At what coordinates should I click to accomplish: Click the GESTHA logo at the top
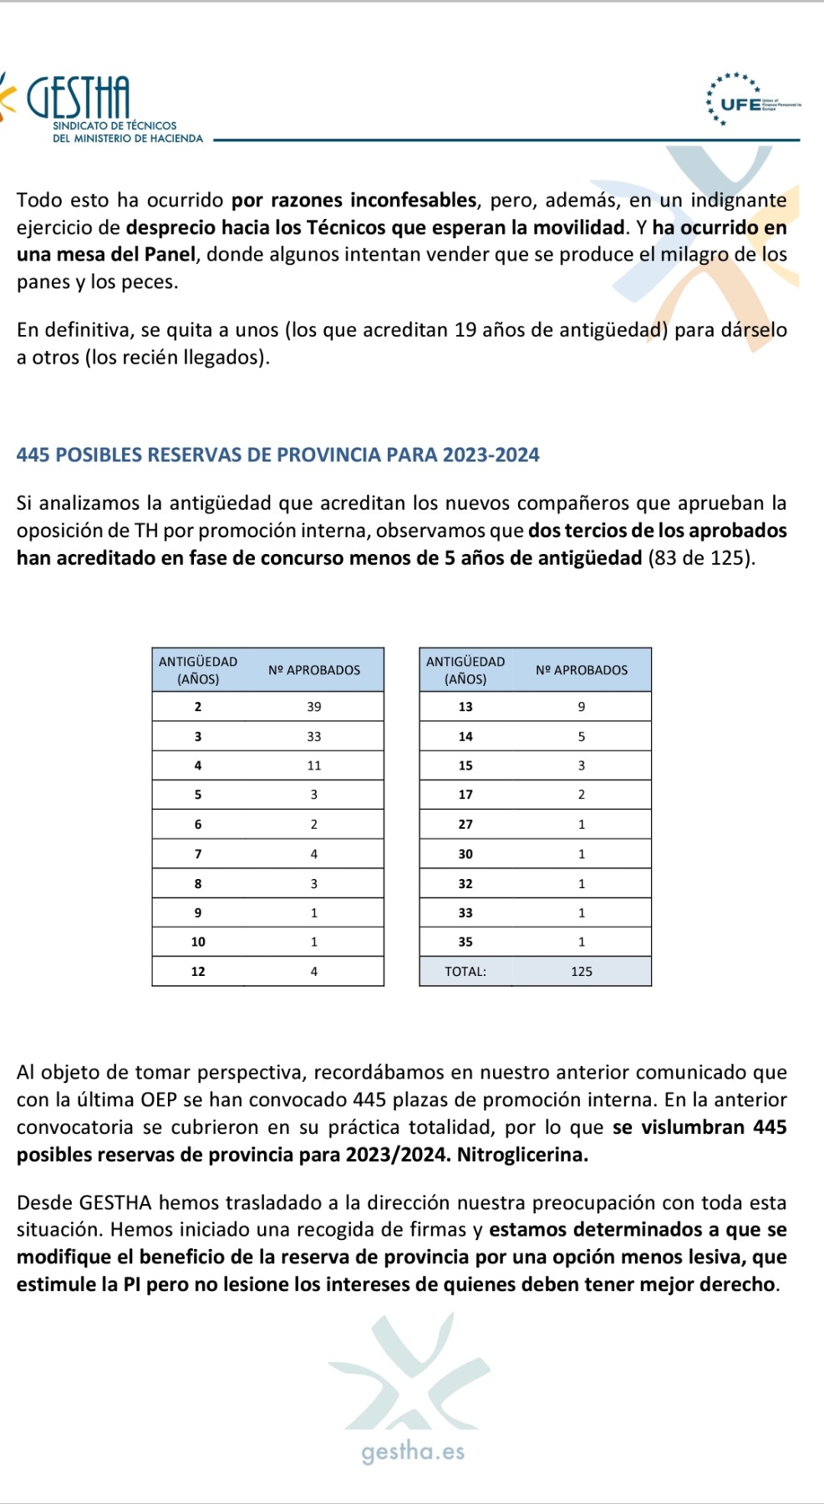tap(79, 98)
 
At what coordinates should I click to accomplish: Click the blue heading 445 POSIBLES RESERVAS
tap(277, 455)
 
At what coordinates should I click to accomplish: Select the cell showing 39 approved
tap(313, 707)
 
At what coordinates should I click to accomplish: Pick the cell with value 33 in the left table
tap(313, 737)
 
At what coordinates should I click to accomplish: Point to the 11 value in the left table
tap(313, 765)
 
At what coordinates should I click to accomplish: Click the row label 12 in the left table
tap(198, 972)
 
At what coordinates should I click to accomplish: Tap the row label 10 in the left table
tap(198, 942)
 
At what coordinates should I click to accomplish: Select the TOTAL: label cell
tap(465, 972)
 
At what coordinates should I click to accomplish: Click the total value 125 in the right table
tap(582, 972)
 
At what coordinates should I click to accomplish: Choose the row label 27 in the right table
tap(465, 825)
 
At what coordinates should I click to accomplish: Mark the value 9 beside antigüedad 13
tap(582, 707)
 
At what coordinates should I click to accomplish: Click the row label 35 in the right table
tap(465, 942)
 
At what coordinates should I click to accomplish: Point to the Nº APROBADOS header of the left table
tap(314, 670)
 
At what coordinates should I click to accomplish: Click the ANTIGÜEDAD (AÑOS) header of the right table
tap(465, 670)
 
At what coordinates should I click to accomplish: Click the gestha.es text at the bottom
tap(413, 1451)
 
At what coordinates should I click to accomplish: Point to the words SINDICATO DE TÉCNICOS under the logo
tap(114, 125)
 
